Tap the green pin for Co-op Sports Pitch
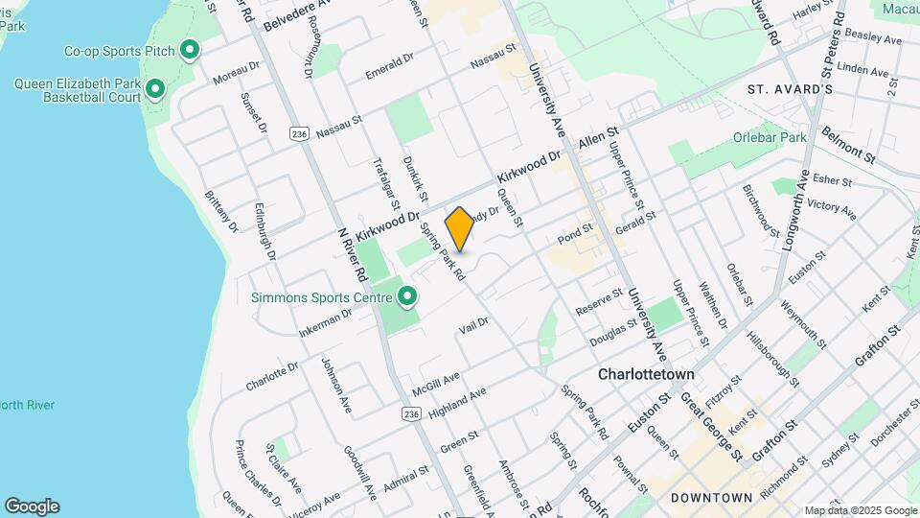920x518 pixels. coord(190,49)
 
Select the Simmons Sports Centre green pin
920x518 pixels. coord(408,296)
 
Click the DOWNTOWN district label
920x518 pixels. coord(711,498)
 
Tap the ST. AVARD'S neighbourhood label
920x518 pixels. coord(790,89)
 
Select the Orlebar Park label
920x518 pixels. coord(770,137)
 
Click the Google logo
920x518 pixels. coord(32,506)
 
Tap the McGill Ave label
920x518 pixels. coord(437,385)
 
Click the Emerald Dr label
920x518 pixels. coord(389,65)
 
